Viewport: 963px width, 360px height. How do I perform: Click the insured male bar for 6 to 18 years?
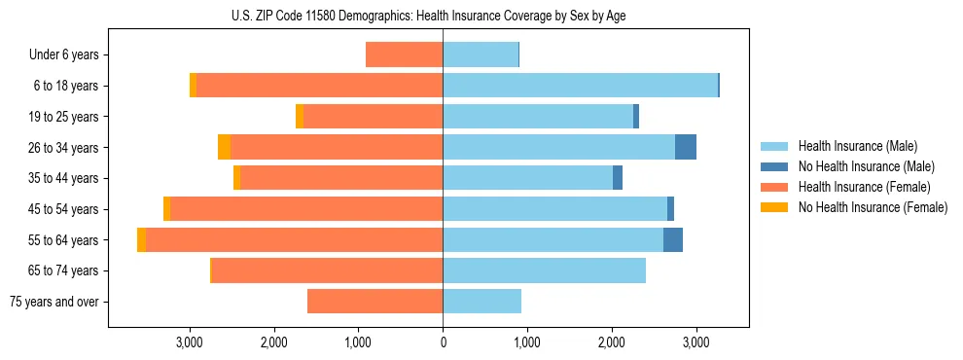pyautogui.click(x=580, y=86)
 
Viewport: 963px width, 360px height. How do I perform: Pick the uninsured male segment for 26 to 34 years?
pyautogui.click(x=686, y=147)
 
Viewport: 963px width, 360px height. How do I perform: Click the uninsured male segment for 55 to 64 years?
pyautogui.click(x=673, y=239)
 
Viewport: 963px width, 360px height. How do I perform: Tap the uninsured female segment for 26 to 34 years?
pyautogui.click(x=224, y=147)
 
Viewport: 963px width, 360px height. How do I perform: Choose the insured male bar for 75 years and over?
pyautogui.click(x=481, y=302)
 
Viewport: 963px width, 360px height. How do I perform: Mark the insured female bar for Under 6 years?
pyautogui.click(x=404, y=54)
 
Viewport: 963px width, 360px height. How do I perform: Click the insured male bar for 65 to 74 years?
pyautogui.click(x=544, y=270)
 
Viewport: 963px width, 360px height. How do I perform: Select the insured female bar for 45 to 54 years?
pyautogui.click(x=306, y=209)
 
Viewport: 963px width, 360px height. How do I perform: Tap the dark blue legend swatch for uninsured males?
pyautogui.click(x=774, y=166)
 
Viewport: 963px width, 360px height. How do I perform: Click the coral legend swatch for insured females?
pyautogui.click(x=774, y=187)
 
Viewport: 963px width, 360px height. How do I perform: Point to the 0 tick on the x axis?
pyautogui.click(x=443, y=342)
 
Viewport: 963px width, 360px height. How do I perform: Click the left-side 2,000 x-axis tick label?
pyautogui.click(x=273, y=342)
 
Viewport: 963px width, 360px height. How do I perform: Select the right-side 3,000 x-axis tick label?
pyautogui.click(x=695, y=342)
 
